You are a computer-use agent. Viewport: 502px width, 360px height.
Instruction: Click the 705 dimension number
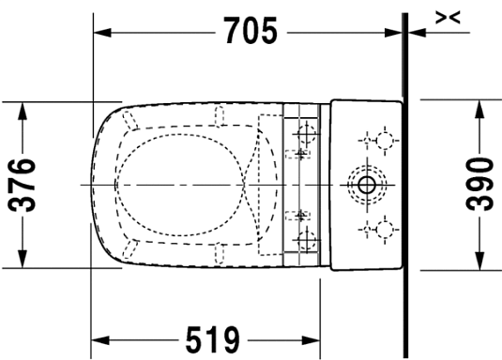coord(251,32)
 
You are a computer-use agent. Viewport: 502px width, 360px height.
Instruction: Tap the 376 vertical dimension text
coord(24,184)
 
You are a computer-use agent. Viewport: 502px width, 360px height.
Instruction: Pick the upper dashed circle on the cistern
coord(383,141)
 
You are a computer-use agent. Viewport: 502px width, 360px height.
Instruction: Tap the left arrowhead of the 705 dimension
coord(100,32)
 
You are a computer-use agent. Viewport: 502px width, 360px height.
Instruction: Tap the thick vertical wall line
coord(404,187)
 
